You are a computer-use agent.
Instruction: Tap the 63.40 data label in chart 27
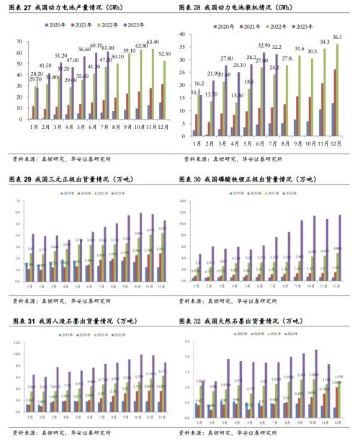click(153, 43)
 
